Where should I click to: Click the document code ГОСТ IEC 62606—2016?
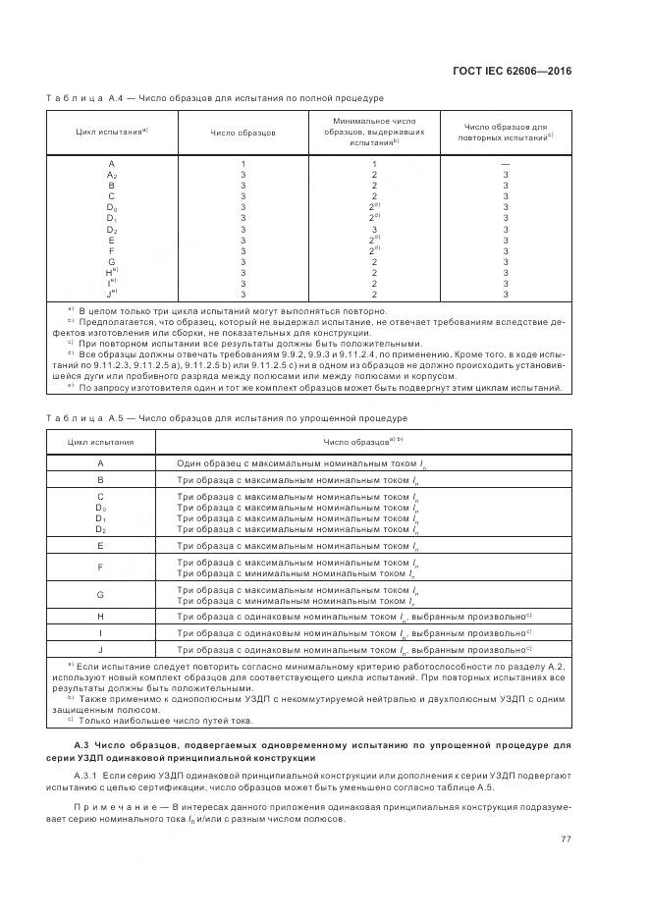[519, 71]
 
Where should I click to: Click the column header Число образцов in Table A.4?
[243, 132]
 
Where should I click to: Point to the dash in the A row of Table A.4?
[505, 163]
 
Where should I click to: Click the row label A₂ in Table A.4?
[112, 174]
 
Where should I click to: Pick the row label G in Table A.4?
[112, 261]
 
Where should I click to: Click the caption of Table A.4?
[214, 98]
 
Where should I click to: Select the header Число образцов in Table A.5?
[361, 442]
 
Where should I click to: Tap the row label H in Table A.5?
[100, 616]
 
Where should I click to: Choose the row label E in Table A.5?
[100, 545]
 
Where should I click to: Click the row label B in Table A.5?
[100, 480]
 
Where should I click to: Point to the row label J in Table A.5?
[100, 650]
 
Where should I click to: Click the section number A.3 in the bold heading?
[85, 749]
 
